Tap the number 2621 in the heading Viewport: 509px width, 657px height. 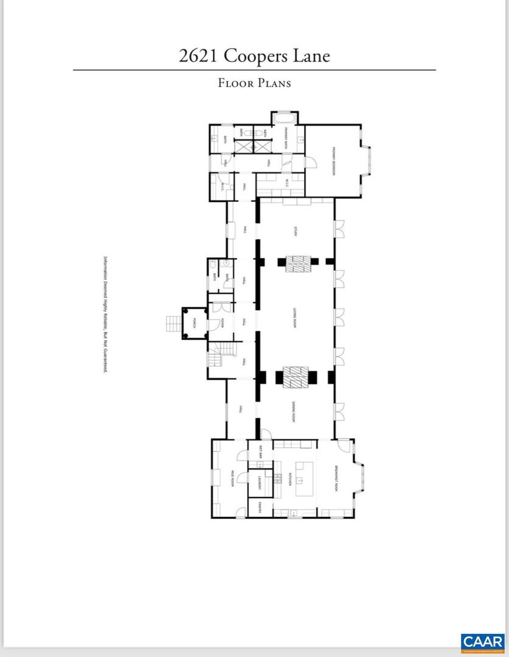tap(199, 56)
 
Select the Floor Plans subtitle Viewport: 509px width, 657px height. tap(254, 83)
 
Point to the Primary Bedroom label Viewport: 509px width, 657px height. tap(334, 161)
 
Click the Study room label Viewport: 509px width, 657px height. tap(296, 231)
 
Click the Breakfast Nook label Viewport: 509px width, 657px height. tap(335, 479)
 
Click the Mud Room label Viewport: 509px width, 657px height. tap(232, 479)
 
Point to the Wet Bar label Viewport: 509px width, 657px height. tap(260, 452)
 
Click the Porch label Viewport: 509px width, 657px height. tap(195, 322)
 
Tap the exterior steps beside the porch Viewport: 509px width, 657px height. tap(172, 323)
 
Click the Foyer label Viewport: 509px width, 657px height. tap(223, 322)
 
